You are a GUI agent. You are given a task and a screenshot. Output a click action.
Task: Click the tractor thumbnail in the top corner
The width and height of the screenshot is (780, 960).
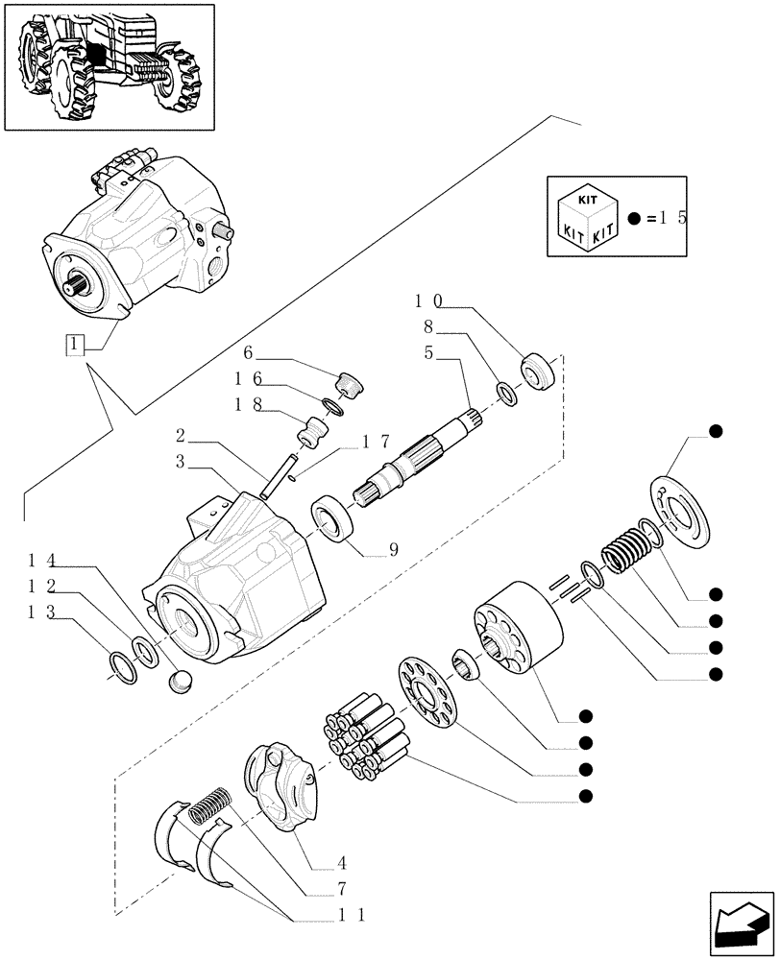click(x=109, y=66)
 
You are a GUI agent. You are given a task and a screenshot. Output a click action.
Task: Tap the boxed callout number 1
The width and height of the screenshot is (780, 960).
click(x=75, y=343)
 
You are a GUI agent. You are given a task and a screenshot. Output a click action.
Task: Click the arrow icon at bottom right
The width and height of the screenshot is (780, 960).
click(x=740, y=924)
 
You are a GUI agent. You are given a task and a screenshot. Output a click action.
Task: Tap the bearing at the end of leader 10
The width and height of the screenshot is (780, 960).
click(x=538, y=371)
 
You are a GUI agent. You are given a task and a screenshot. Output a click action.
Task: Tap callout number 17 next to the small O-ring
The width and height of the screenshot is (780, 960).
click(x=376, y=444)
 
